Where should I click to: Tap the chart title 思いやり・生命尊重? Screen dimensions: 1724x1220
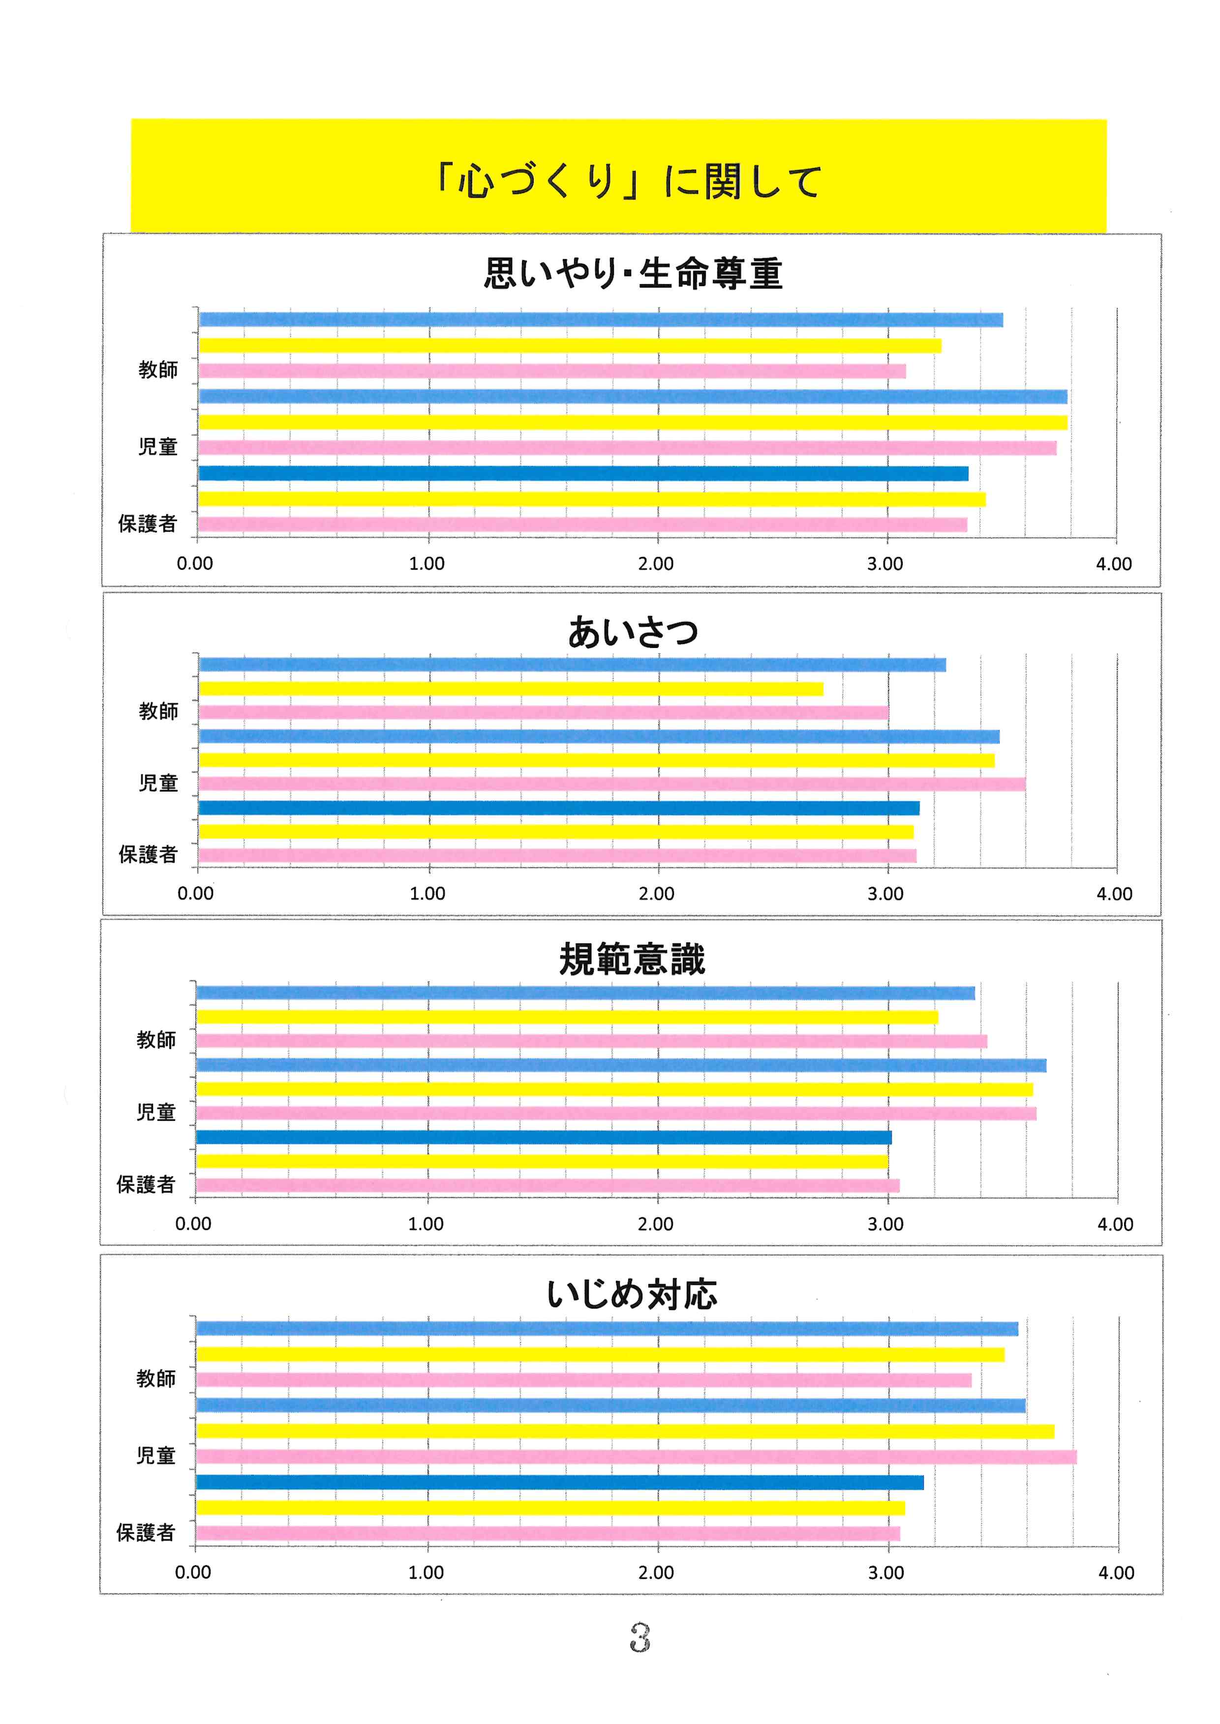(x=633, y=273)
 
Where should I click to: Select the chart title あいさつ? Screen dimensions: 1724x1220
(x=633, y=632)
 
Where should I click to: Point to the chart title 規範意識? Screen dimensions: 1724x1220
(x=633, y=960)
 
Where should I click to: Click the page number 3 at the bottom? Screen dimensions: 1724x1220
(x=640, y=1637)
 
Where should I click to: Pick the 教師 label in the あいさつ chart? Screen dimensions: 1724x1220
(x=158, y=711)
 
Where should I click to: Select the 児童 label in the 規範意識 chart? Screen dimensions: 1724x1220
(x=156, y=1112)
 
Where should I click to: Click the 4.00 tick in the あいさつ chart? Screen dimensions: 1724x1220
(x=1114, y=894)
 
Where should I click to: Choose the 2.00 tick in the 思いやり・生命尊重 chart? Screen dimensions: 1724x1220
(x=656, y=564)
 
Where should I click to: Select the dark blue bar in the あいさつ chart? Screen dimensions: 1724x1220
(x=559, y=808)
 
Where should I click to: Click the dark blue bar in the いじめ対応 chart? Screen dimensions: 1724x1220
(x=560, y=1482)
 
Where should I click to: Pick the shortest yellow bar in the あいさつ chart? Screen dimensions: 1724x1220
(x=511, y=689)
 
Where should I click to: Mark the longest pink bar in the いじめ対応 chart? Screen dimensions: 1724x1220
(x=636, y=1457)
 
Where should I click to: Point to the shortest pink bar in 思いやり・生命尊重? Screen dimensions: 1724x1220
(x=552, y=371)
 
